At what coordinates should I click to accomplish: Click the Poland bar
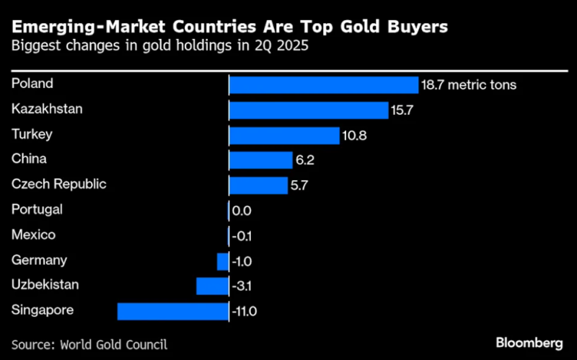coord(324,84)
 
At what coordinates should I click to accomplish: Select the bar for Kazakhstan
coord(309,110)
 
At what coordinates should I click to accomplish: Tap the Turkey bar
coord(284,135)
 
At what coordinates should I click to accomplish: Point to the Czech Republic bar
coord(258,185)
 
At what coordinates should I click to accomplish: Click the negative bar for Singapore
coord(173,311)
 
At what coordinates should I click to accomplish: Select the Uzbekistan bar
coord(212,286)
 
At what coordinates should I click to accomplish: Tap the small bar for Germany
coord(223,261)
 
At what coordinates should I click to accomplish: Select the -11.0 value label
coord(245,312)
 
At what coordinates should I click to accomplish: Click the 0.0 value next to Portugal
coord(242,211)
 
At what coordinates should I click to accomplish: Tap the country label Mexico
coord(33,234)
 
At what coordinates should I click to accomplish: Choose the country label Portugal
coord(38,209)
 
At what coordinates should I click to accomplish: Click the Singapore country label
coord(43,310)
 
